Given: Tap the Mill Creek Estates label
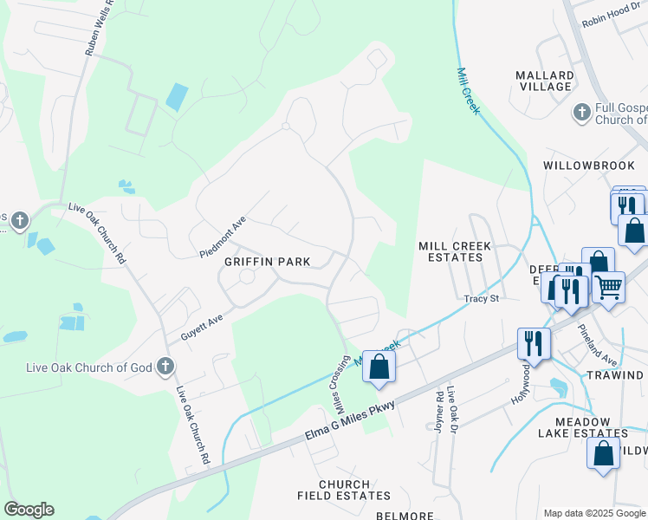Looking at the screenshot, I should tap(455, 252).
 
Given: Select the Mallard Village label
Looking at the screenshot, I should tap(544, 81).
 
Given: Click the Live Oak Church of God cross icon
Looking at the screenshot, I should tap(165, 367).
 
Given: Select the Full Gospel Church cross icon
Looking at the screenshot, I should tap(581, 113).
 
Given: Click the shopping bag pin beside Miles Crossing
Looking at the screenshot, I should tap(379, 367).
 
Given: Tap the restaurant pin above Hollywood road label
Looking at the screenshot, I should tap(533, 342).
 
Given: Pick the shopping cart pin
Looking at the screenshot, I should tap(609, 286).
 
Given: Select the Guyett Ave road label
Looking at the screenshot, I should tap(202, 324).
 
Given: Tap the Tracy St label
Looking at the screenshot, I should tap(482, 298).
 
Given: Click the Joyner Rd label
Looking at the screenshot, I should tap(438, 410).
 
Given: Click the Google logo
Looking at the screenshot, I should tap(29, 510).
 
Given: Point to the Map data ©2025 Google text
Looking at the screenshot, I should tap(593, 513).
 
